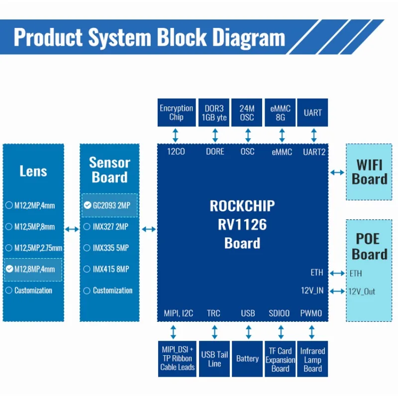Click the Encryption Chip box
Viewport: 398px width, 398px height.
coord(177,112)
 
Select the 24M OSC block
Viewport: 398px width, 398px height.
coord(247,112)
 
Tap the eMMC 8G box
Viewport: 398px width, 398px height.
coord(280,112)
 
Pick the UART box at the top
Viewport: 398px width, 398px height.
coord(312,112)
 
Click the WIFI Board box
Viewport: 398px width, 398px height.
coord(369,172)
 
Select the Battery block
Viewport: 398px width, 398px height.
coord(247,359)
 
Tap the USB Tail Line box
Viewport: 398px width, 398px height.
coord(214,359)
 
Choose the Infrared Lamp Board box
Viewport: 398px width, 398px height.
coord(312,359)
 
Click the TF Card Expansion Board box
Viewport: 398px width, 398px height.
coord(280,359)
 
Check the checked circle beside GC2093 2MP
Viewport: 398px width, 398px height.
coord(88,205)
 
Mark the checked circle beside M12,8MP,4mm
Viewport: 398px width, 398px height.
coord(9,269)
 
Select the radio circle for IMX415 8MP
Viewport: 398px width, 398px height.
coord(87,269)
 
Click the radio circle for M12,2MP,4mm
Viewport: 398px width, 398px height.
coord(9,205)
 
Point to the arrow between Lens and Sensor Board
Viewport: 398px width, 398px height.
coord(72,229)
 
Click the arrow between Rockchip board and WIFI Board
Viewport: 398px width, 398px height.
coord(337,173)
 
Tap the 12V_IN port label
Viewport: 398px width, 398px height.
coord(312,291)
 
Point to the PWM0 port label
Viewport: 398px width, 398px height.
coord(311,313)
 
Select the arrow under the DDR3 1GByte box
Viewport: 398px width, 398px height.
coord(215,135)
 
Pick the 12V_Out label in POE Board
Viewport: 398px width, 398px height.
coord(362,292)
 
